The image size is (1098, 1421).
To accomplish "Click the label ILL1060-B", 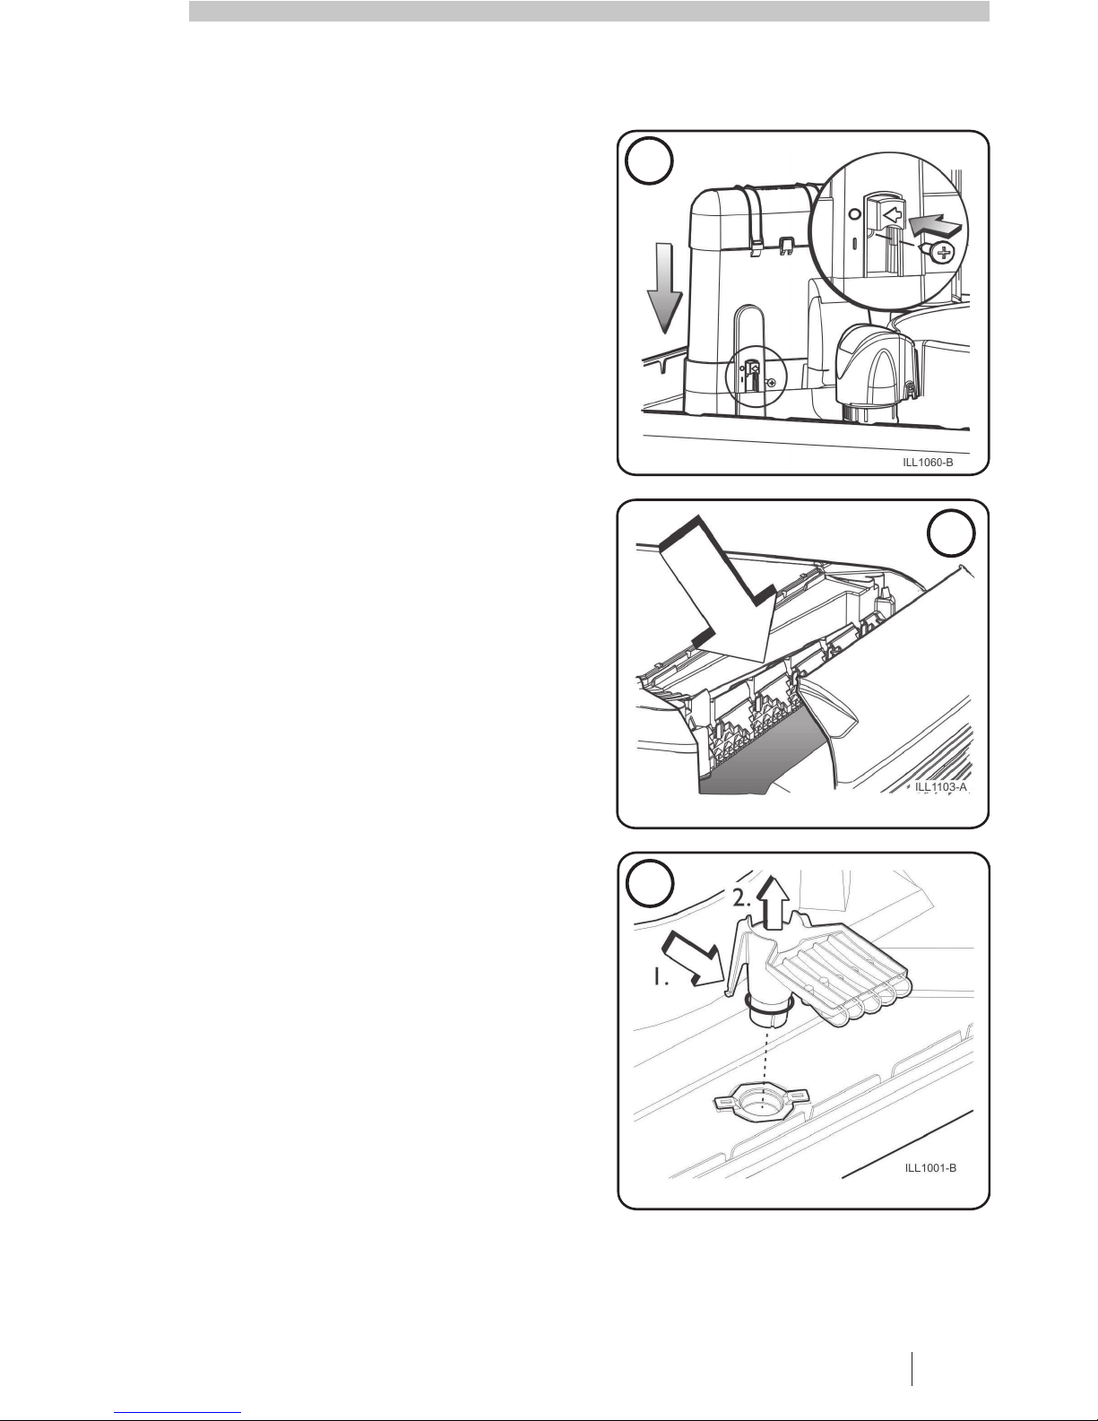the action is coord(928,463).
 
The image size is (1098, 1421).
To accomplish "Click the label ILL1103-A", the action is coord(940,786).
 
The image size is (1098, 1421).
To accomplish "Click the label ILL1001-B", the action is coord(930,1168).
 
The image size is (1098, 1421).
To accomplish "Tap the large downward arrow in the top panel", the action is coord(664,288).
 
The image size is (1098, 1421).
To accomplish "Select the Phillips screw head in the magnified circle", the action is coord(941,252).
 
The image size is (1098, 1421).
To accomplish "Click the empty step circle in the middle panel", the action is coord(951,533).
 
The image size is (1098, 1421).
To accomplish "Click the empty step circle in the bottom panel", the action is coord(650,885).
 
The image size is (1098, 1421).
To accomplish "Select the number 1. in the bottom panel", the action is coord(660,977).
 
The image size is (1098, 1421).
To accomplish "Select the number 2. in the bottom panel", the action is coord(742,898).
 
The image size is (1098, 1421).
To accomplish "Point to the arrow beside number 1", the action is coord(693,959).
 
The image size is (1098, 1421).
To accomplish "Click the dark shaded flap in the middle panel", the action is coord(758,758).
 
